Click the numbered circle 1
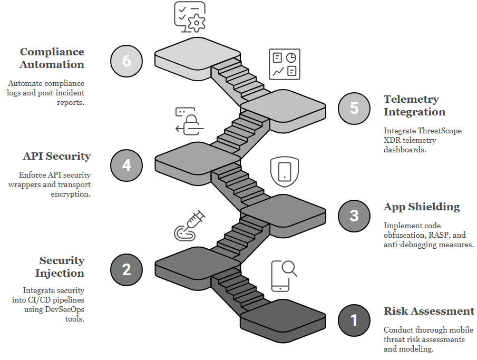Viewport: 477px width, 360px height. (354, 320)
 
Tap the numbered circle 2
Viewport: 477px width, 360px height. (126, 269)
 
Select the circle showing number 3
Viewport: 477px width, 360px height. (354, 216)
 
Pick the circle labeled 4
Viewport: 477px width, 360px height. (126, 165)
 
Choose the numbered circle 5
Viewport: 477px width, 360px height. (354, 108)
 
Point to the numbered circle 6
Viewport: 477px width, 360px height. (126, 61)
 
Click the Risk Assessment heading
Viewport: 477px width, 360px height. (429, 311)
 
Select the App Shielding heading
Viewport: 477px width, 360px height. (422, 207)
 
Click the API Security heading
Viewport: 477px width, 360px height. (57, 157)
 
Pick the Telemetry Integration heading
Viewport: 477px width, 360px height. (414, 105)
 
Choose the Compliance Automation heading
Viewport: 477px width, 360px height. (52, 58)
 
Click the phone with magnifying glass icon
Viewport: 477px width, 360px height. (283, 276)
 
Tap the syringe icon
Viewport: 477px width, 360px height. (190, 226)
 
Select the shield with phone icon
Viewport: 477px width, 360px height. (285, 171)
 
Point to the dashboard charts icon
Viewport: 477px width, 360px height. (285, 65)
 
